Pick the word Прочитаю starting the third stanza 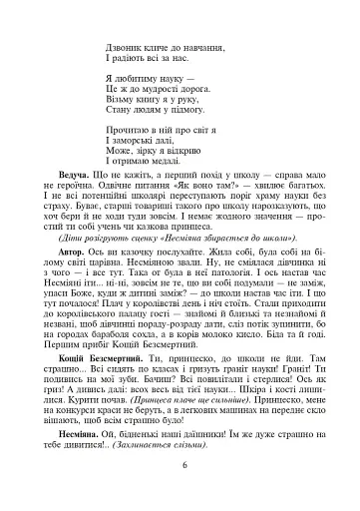click(128, 130)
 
